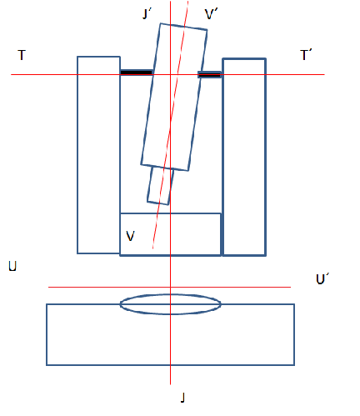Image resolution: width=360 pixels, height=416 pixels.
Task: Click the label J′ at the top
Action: click(147, 13)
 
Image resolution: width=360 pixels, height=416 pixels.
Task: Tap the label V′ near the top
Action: click(211, 14)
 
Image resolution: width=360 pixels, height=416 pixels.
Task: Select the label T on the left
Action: click(22, 55)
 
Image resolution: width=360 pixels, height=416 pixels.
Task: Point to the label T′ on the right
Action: click(306, 55)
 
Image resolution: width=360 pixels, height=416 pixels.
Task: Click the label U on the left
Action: click(12, 266)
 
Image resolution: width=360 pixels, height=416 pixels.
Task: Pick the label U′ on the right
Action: click(322, 278)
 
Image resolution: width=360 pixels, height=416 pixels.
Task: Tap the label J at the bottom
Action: click(182, 398)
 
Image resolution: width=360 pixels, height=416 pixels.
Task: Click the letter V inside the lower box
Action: click(130, 236)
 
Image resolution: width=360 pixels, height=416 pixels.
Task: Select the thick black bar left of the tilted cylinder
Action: click(137, 73)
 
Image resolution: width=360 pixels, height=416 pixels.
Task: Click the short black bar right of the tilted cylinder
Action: click(209, 74)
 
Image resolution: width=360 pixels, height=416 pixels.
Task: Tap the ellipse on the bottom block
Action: click(171, 294)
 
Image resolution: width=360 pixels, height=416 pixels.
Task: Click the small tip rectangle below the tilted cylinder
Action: click(160, 186)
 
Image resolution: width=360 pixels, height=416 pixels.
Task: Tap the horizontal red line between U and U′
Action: click(169, 287)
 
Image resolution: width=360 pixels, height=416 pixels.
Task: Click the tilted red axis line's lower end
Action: click(152, 248)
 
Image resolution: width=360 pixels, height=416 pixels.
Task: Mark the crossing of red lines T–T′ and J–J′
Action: click(170, 74)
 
